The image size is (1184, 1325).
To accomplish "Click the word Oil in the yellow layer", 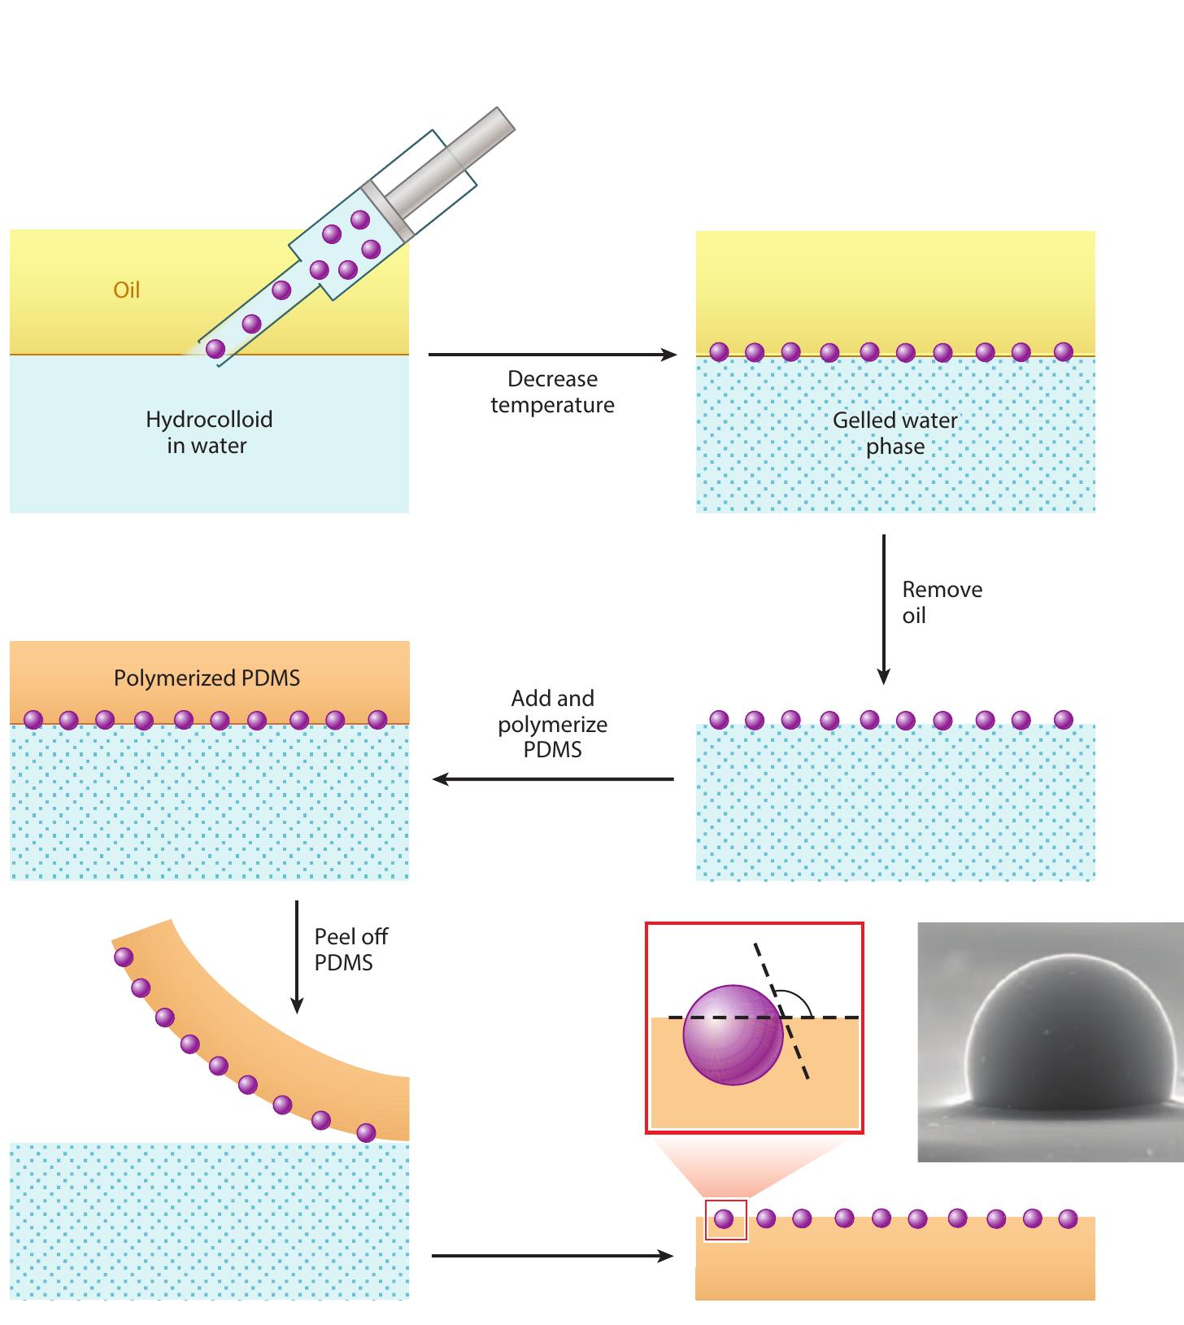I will point(126,290).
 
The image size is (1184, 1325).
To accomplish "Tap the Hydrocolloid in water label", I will point(208,432).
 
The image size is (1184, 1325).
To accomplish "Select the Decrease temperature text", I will point(552,392).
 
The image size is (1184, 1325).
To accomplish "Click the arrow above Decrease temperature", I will point(552,355).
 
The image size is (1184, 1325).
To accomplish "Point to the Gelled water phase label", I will point(895,433).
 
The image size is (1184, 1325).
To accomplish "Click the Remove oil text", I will point(941,602).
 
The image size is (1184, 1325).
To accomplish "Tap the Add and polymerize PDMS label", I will point(552,724).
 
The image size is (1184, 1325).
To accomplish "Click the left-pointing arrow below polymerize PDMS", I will point(552,779).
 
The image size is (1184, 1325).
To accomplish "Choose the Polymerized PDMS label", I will point(207,678).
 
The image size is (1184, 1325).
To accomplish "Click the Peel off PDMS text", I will point(350,949).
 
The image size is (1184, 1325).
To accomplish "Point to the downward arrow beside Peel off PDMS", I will point(297,956).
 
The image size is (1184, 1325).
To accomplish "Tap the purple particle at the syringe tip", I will point(215,350).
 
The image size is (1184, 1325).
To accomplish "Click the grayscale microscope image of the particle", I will point(1050,1041).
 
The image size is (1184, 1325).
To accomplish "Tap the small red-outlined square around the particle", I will point(725,1220).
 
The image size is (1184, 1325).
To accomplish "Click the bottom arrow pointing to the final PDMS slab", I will point(552,1256).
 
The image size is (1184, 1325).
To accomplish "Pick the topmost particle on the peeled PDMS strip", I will point(124,957).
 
